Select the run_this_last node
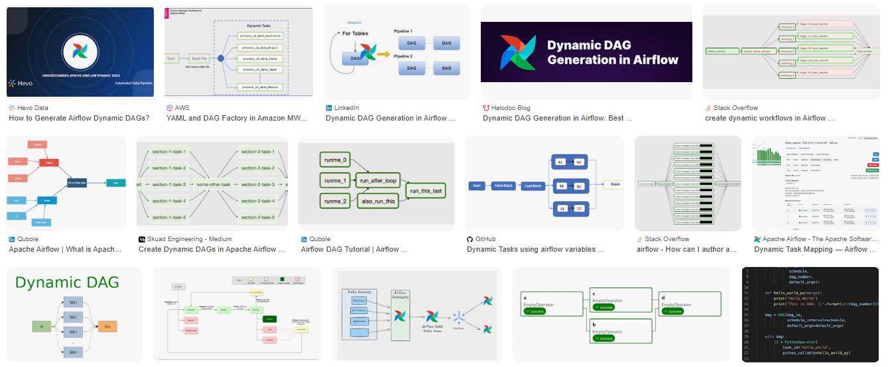[426, 191]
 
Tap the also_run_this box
[377, 201]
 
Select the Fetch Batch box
[504, 186]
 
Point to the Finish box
[615, 184]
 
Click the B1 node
[560, 186]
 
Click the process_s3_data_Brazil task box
[259, 48]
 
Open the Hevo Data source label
[32, 107]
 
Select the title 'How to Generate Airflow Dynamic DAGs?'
[79, 119]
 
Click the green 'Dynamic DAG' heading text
[67, 283]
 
